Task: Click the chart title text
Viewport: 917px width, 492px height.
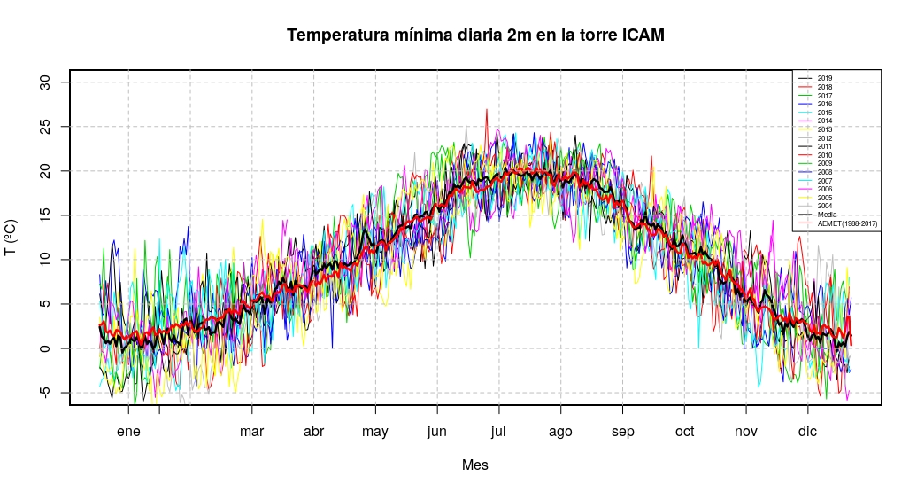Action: tap(475, 35)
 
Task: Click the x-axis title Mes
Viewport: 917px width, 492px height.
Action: tap(475, 465)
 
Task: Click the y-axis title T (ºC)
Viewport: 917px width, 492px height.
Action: tap(12, 238)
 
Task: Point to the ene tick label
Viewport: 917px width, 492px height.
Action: tap(128, 432)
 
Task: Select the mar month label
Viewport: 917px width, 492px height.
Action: tap(252, 432)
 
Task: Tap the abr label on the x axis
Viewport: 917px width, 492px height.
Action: tap(313, 432)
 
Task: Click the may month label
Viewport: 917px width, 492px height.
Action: tap(375, 433)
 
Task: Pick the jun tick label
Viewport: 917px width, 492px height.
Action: tap(437, 433)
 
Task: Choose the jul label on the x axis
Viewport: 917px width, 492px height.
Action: tap(499, 433)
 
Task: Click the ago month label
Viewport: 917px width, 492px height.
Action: tap(560, 433)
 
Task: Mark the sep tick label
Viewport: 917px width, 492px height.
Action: tap(622, 433)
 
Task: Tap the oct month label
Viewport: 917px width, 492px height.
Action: tap(684, 432)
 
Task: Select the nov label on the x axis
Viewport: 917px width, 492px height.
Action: tap(746, 432)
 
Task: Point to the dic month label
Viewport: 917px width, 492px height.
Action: tap(807, 432)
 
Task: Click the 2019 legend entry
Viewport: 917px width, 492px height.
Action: tap(824, 79)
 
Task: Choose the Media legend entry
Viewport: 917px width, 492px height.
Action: tap(827, 215)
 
